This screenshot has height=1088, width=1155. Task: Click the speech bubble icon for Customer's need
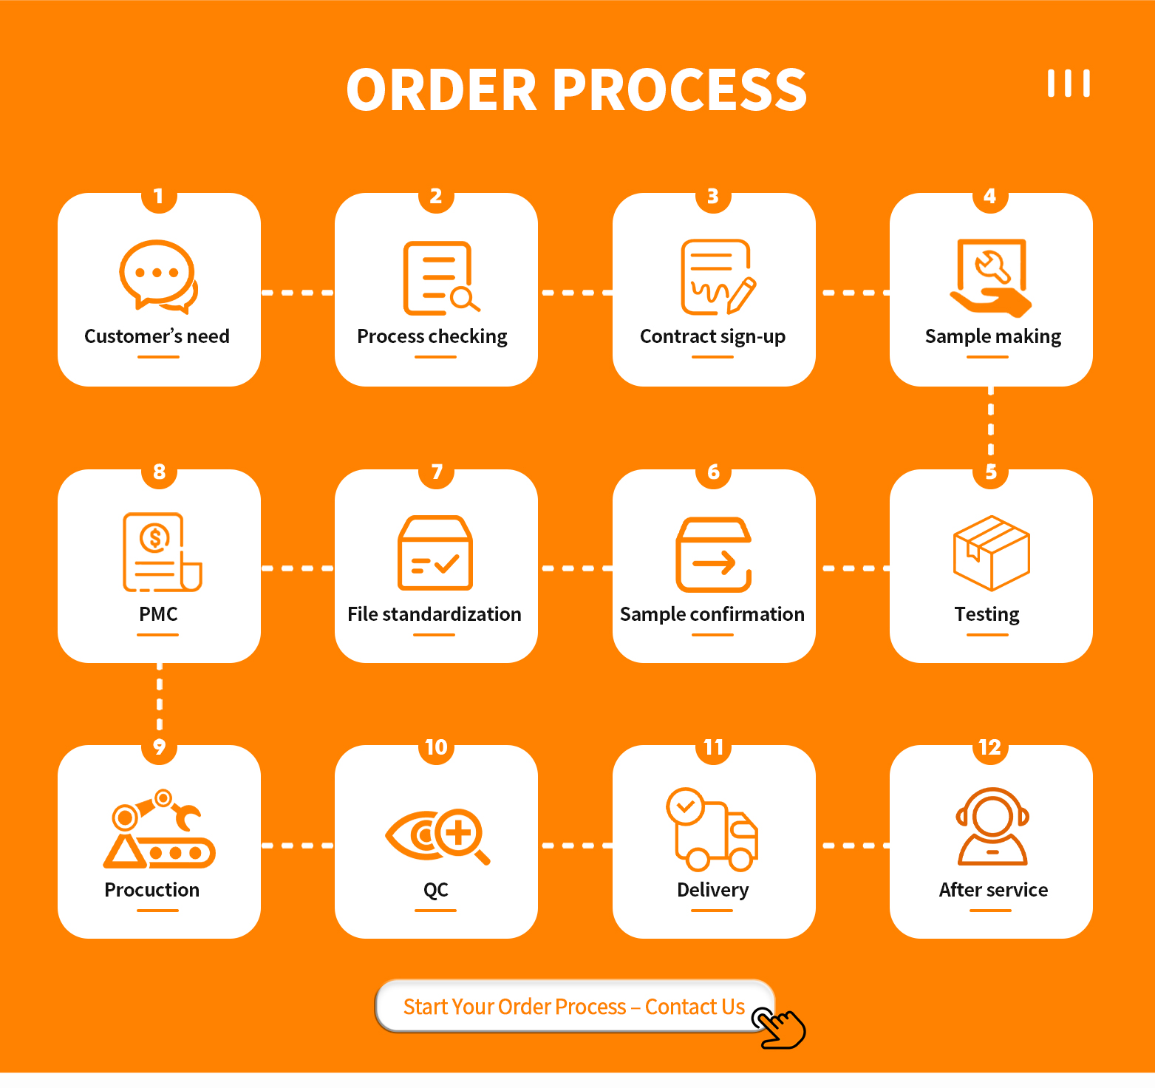(x=157, y=275)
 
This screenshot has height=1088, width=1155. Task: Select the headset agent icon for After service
(x=992, y=826)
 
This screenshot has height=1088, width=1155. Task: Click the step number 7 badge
(x=437, y=472)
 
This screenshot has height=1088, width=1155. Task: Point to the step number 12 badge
(x=989, y=748)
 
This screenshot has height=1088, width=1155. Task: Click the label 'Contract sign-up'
(x=712, y=336)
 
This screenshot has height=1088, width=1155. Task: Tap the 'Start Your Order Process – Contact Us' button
(x=573, y=1006)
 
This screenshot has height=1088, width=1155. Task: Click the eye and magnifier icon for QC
(x=437, y=835)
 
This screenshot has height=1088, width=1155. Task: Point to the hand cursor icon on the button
(x=780, y=1027)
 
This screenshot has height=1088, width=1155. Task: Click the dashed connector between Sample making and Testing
(x=991, y=427)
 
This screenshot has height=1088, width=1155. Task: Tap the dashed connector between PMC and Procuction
(x=160, y=703)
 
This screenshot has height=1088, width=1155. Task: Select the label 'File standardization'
(x=435, y=614)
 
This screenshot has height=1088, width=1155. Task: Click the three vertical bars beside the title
(x=1069, y=84)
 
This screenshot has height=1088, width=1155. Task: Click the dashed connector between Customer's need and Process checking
(x=298, y=293)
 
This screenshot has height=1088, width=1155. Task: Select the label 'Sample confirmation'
(x=712, y=614)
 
